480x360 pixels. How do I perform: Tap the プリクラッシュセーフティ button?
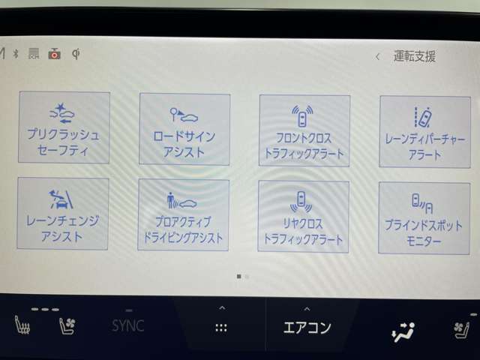[64, 127]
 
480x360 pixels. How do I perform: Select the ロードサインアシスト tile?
[184, 129]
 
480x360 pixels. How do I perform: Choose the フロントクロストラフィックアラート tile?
[304, 130]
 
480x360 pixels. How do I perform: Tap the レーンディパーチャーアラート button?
[425, 132]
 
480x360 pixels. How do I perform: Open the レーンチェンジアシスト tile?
[63, 214]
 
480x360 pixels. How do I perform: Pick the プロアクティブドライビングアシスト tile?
[183, 215]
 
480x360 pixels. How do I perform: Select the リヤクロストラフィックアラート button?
[303, 217]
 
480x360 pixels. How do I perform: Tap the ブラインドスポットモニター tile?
[424, 218]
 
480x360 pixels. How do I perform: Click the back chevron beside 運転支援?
[378, 57]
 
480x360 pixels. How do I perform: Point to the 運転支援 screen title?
[415, 56]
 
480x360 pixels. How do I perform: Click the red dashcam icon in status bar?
[55, 54]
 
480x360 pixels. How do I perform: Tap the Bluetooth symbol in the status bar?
[16, 54]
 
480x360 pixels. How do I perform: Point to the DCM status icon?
[34, 53]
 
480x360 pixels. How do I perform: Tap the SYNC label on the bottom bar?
[128, 325]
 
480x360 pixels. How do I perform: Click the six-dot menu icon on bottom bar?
[221, 328]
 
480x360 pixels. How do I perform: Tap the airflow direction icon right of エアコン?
[403, 331]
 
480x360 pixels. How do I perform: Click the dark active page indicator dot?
[239, 277]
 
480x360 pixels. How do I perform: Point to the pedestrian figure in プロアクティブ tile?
[170, 200]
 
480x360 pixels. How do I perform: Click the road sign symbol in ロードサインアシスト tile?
[174, 114]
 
